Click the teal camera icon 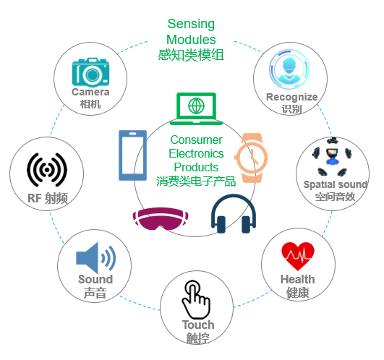[90, 72]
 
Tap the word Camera [90, 92]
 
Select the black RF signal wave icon [47, 170]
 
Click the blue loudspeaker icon [95, 258]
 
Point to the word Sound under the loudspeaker [95, 279]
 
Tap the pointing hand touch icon [196, 299]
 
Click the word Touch [198, 325]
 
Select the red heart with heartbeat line [298, 256]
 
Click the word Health [297, 279]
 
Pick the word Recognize [292, 98]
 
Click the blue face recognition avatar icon [289, 69]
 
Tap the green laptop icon [197, 108]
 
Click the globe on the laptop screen [196, 106]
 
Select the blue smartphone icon [133, 155]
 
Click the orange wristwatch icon [252, 158]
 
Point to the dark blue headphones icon [234, 213]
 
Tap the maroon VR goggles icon [161, 218]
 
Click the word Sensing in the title [191, 25]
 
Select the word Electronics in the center [196, 154]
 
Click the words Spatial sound [336, 184]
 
